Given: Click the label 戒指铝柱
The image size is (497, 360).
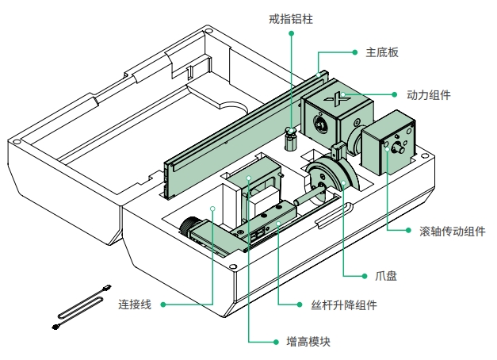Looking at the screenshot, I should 291,17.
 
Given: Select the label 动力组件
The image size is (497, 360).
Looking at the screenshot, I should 428,95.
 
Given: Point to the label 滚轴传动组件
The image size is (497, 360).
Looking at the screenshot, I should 452,232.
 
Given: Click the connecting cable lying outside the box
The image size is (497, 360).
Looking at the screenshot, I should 79,305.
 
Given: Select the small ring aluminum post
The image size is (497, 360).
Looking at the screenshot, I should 291,141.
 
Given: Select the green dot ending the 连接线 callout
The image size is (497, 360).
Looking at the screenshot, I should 214,209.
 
